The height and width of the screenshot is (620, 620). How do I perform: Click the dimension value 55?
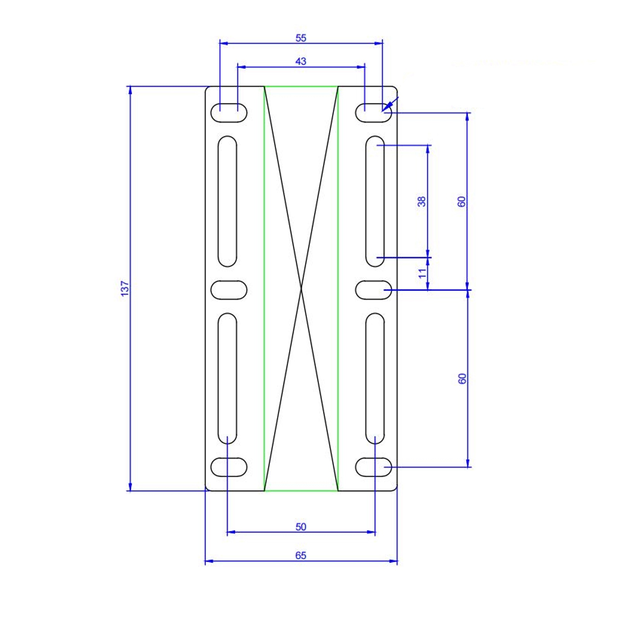tap(301, 38)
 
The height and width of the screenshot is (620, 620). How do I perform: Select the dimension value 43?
tap(301, 61)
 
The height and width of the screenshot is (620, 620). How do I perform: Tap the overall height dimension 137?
tap(125, 289)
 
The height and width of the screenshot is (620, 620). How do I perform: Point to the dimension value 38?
tap(422, 201)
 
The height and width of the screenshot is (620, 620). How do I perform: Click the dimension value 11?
tap(422, 274)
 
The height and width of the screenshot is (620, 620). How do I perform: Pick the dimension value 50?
tap(301, 527)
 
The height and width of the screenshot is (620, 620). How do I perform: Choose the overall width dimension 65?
tap(301, 556)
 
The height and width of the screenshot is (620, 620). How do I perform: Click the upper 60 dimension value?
tap(462, 201)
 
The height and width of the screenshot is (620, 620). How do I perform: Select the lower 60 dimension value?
tap(462, 379)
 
